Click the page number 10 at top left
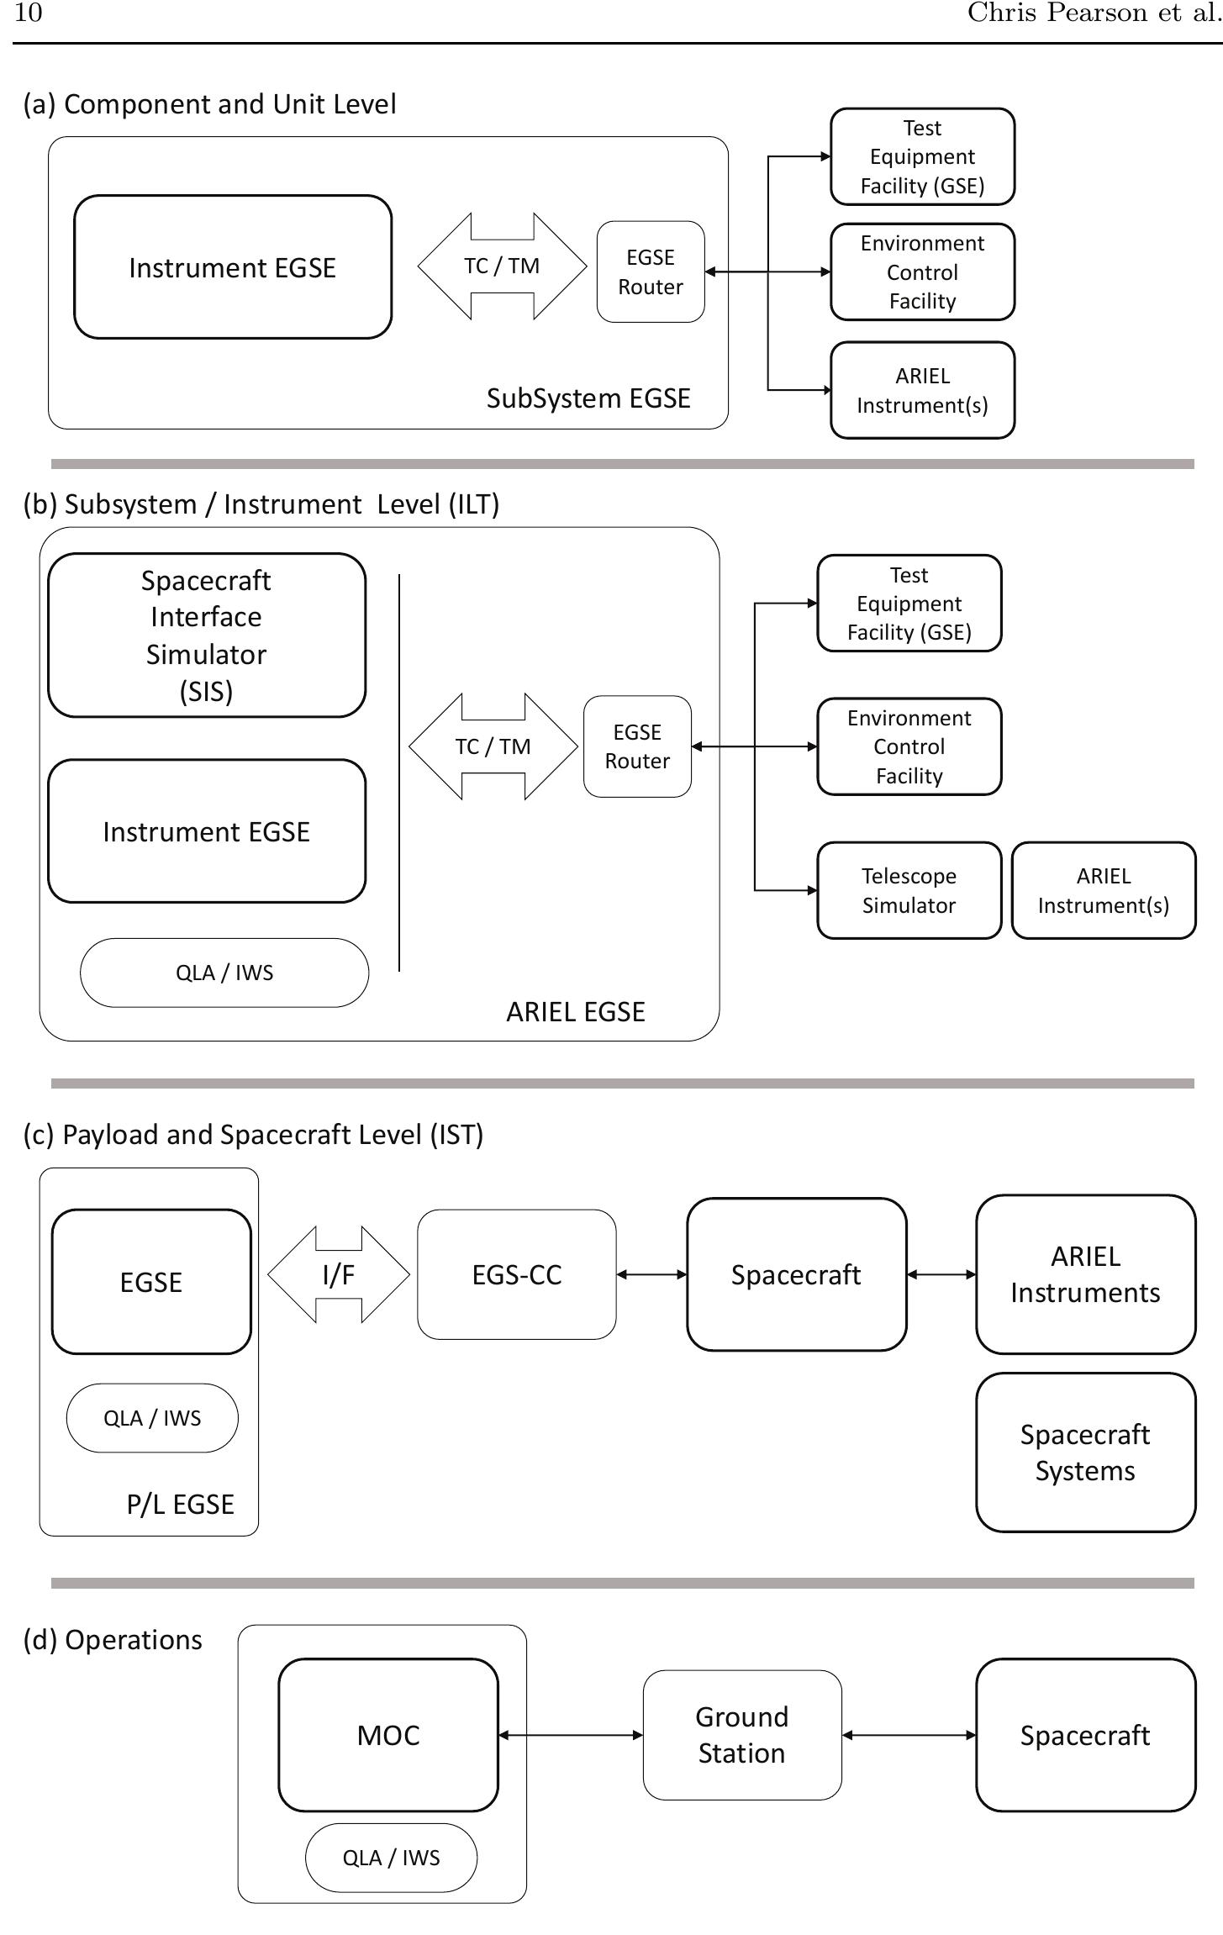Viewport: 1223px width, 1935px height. point(28,13)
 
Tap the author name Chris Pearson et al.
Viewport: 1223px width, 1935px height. point(1093,13)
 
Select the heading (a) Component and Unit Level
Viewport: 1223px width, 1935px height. point(209,104)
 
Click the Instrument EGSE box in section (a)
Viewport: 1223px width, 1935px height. point(233,267)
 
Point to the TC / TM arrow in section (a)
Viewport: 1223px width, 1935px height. point(502,266)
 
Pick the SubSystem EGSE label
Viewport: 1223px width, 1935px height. point(588,398)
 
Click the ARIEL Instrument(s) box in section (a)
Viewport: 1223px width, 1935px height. point(922,390)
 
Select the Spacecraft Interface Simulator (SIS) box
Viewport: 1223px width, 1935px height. point(206,635)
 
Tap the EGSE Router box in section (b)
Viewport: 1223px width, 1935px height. point(637,746)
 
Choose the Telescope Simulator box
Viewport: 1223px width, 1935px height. point(909,890)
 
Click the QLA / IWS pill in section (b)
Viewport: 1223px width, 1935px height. point(224,973)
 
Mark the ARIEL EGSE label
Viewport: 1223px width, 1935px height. point(576,1012)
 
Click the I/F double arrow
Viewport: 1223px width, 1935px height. point(338,1274)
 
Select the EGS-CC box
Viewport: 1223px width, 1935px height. point(516,1274)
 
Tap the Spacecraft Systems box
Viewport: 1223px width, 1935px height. point(1085,1453)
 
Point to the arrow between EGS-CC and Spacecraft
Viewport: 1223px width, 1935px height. point(651,1274)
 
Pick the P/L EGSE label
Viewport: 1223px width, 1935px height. point(180,1505)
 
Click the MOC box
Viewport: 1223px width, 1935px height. point(387,1735)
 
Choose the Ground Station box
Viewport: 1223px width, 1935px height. point(741,1735)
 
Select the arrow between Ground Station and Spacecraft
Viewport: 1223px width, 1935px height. point(909,1735)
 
